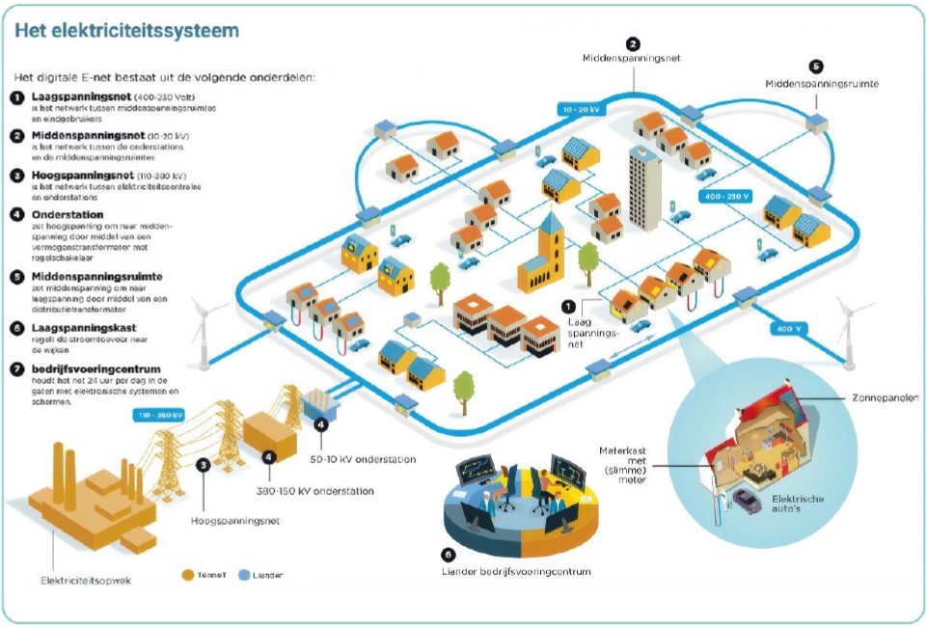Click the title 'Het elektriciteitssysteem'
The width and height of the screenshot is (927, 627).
pyautogui.click(x=126, y=30)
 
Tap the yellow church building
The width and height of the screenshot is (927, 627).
pyautogui.click(x=540, y=255)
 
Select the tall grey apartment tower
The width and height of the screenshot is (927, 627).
pyautogui.click(x=644, y=189)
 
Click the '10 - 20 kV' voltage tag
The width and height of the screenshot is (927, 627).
pyautogui.click(x=582, y=110)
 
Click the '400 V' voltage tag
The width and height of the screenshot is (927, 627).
pyautogui.click(x=788, y=330)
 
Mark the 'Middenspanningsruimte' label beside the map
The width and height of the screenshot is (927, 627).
pyautogui.click(x=822, y=84)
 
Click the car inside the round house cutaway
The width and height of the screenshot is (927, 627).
pyautogui.click(x=747, y=500)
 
